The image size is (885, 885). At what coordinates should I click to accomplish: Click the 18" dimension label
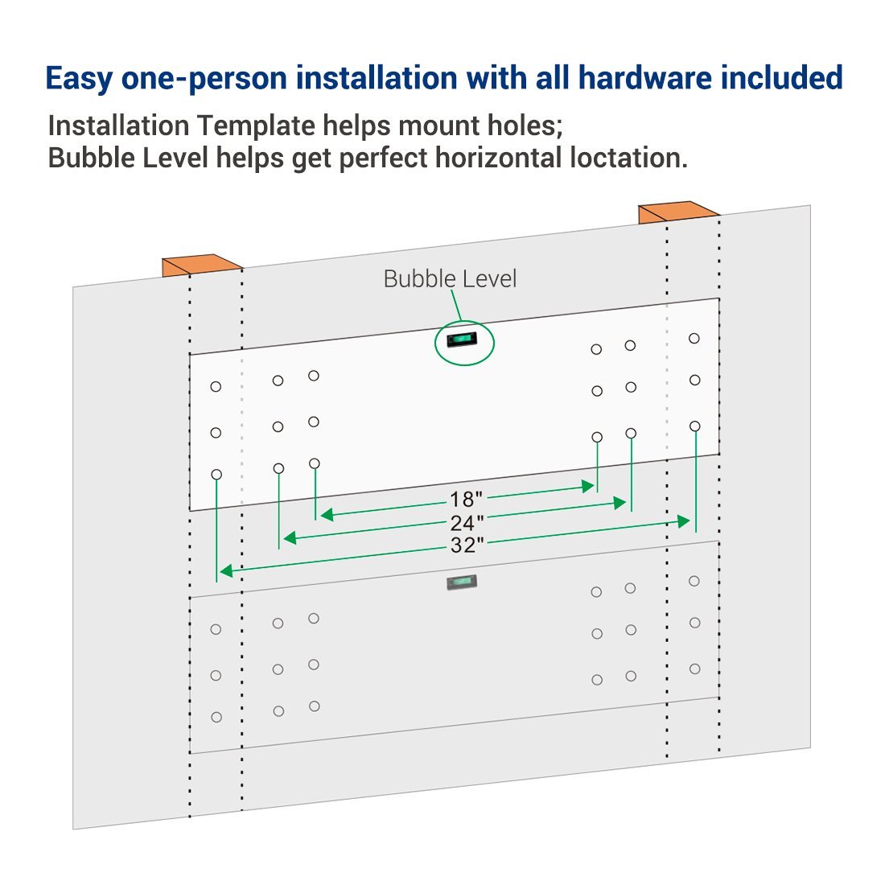coord(466,499)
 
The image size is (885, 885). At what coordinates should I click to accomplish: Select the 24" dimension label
coord(467,523)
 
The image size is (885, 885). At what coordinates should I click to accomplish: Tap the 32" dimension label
coord(467,545)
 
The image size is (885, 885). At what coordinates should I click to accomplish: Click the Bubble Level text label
coord(450,279)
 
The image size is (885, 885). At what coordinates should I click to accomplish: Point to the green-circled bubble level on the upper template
coord(462,340)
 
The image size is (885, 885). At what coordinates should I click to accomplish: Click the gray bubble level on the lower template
coord(462,582)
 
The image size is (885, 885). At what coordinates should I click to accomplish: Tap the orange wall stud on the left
coord(201,265)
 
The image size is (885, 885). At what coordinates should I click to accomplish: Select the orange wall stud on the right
coord(678,212)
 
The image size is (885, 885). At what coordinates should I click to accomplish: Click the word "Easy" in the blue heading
coord(79,79)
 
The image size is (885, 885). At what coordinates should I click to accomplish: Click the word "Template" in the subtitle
coord(256,126)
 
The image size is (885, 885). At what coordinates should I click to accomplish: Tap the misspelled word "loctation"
coord(629,158)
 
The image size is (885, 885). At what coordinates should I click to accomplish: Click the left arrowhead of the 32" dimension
coord(226,571)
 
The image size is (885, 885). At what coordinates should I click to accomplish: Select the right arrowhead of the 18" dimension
coord(588,486)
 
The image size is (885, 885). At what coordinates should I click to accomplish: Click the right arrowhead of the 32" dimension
coord(684,521)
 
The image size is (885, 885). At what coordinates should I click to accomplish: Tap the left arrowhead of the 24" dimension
coord(290,538)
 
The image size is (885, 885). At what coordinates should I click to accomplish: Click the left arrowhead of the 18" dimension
coord(326,514)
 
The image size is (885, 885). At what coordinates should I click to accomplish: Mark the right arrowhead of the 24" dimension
coord(619,503)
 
